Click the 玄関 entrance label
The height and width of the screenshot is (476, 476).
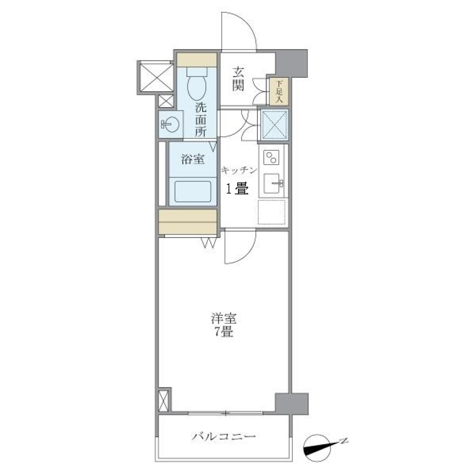(238, 79)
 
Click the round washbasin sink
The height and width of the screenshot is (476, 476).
(169, 124)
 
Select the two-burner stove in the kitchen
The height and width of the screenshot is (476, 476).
(272, 158)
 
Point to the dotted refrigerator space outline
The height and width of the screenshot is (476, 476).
(272, 212)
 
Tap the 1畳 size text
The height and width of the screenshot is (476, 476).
(238, 189)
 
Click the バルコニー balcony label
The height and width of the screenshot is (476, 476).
(224, 437)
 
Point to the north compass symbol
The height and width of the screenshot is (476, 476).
(319, 445)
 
